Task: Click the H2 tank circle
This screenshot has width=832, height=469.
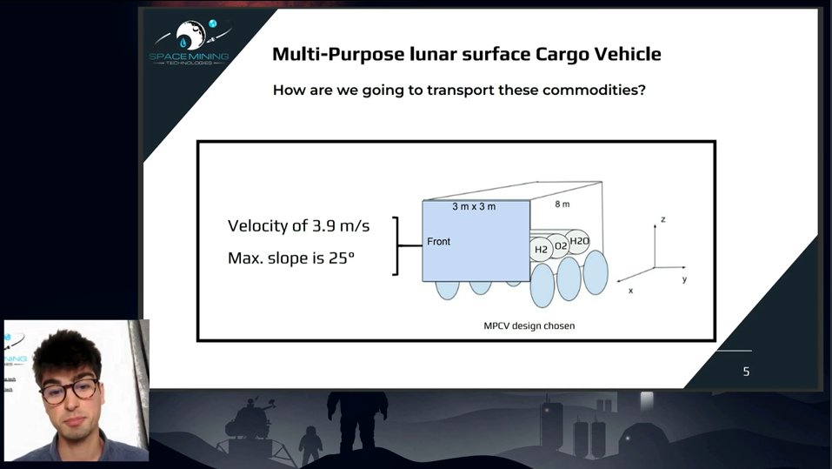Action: pos(541,250)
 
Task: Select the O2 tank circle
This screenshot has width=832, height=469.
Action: pos(561,246)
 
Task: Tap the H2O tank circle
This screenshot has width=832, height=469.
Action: pos(580,241)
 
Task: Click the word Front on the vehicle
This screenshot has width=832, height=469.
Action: pos(439,241)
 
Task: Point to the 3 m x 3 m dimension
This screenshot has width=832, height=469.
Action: pos(474,207)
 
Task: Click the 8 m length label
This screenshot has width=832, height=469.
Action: pos(562,204)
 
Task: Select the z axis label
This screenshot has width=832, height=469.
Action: pos(662,219)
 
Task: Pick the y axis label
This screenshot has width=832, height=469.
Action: pos(684,279)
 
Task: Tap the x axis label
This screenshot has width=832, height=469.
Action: pos(630,290)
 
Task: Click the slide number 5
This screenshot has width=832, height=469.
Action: pos(745,372)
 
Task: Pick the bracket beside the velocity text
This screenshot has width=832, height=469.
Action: pos(398,245)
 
